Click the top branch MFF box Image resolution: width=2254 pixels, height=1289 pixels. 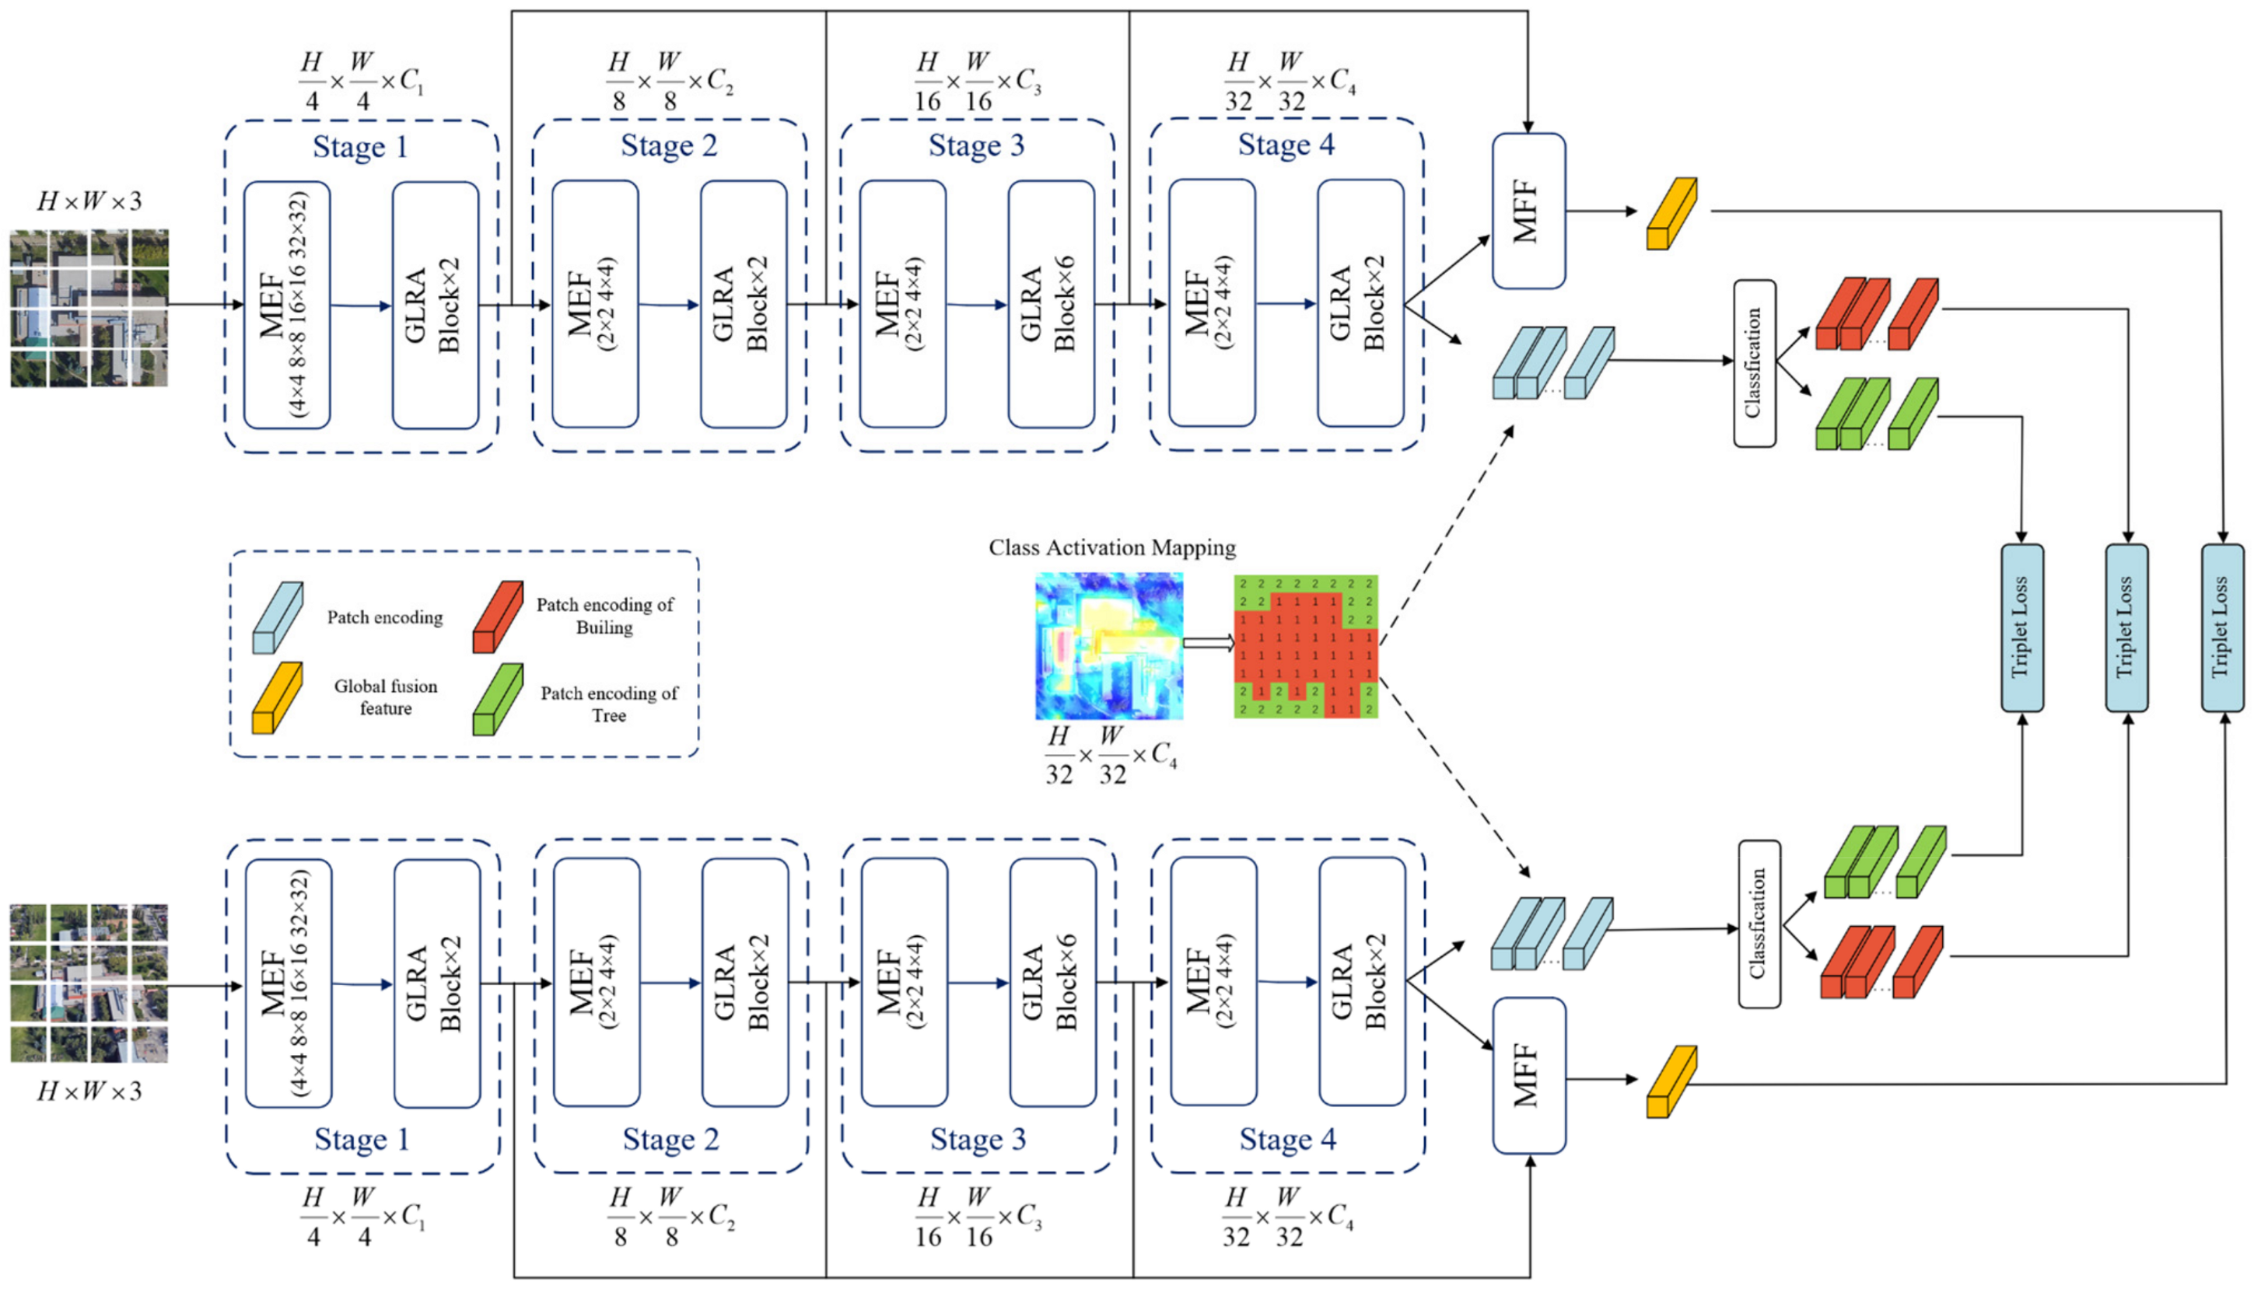(x=1528, y=211)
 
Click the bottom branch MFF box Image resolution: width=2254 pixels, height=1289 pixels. (x=1528, y=1076)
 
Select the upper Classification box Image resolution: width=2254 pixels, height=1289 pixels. (x=1754, y=363)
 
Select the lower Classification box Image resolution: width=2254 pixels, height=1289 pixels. (x=1759, y=924)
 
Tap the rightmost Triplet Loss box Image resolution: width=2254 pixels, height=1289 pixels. (x=2221, y=627)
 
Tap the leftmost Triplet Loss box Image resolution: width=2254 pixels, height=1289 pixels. (x=2021, y=627)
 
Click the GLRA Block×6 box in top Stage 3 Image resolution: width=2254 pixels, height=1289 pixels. (x=1051, y=305)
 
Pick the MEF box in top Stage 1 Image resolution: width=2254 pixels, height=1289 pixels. (x=286, y=306)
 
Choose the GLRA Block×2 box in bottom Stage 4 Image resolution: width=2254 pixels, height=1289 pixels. (x=1361, y=981)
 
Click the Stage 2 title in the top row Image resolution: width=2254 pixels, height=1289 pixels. (x=669, y=145)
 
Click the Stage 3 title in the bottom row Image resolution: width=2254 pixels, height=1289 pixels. (x=977, y=1140)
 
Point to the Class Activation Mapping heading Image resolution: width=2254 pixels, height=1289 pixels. (x=1111, y=548)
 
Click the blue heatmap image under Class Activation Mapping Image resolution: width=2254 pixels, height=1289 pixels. (x=1108, y=645)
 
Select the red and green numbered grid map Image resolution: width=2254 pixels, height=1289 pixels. (x=1305, y=645)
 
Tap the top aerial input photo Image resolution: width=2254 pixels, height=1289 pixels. (x=89, y=308)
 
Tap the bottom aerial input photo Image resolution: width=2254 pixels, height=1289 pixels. (x=89, y=983)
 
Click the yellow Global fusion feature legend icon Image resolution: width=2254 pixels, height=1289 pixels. (x=277, y=698)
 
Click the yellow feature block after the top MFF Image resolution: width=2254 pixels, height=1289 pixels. (x=1671, y=213)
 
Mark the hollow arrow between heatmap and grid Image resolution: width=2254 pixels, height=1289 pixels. (x=1208, y=643)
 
